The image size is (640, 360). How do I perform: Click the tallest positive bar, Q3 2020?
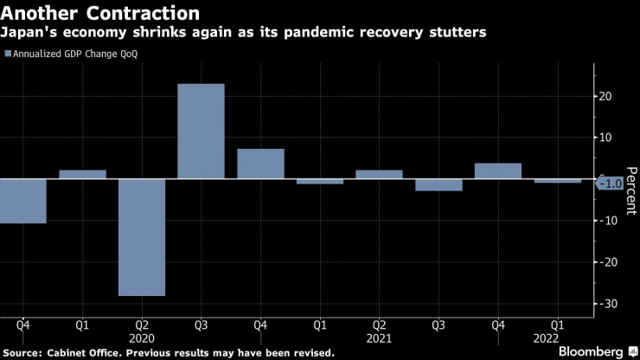click(201, 131)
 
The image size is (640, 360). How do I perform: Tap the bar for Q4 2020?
click(260, 164)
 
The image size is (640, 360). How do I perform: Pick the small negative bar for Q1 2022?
click(557, 181)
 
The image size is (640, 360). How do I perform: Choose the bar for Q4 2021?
click(497, 170)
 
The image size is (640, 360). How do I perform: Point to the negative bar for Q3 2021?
click(438, 184)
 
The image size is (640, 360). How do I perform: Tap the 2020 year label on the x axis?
click(141, 340)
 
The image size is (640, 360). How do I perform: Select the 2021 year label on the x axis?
click(379, 340)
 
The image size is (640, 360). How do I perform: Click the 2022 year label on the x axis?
click(557, 340)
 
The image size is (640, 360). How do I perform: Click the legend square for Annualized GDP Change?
click(9, 54)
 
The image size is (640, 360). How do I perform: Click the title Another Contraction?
click(102, 13)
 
